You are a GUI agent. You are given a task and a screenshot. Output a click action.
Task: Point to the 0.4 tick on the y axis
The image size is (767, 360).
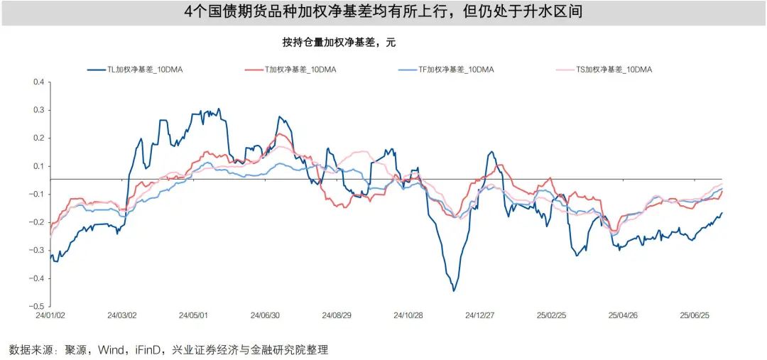(38, 82)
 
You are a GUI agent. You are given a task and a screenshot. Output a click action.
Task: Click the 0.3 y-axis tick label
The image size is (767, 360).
(38, 110)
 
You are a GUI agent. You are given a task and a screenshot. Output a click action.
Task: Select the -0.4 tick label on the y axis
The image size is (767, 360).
(37, 278)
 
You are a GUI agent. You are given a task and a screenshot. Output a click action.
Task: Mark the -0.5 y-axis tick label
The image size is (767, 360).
(37, 306)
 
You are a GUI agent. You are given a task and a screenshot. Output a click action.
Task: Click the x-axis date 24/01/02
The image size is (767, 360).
(50, 315)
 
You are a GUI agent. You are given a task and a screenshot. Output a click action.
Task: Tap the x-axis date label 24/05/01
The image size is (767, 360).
(193, 315)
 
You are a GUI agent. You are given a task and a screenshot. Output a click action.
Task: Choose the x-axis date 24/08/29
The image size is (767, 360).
(337, 315)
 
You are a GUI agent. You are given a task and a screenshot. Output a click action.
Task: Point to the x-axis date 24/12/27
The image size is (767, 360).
(480, 315)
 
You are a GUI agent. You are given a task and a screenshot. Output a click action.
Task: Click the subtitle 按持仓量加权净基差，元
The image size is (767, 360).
(338, 43)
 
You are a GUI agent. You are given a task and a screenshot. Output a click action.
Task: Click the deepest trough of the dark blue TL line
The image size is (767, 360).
(454, 290)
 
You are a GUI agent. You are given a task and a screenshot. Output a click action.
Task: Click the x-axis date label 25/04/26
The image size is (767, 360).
(624, 315)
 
